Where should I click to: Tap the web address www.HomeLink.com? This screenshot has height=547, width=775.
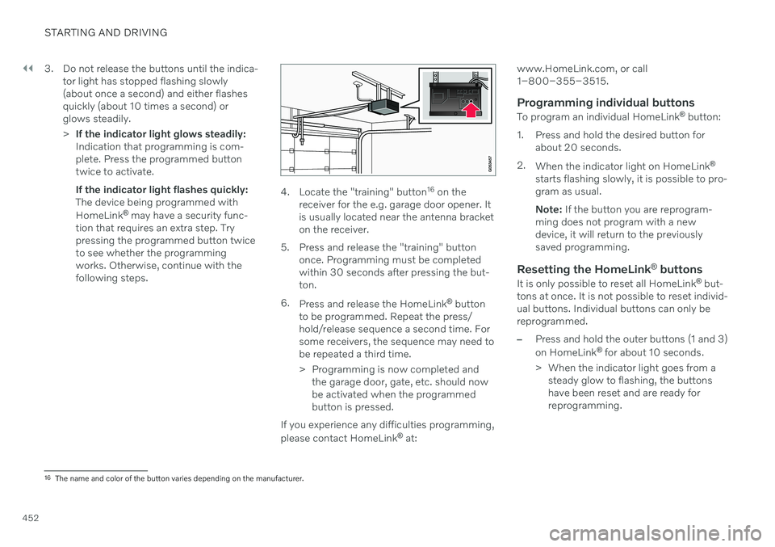coord(559,70)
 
